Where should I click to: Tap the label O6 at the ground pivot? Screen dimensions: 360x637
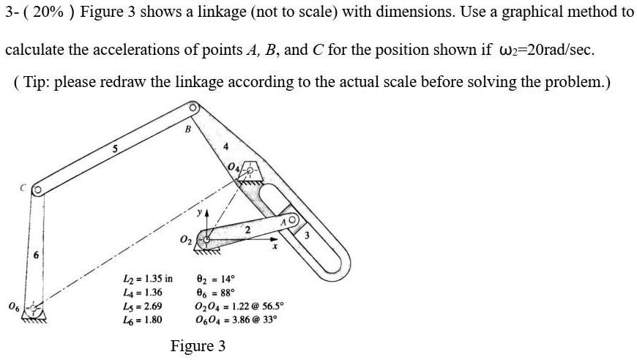pos(12,305)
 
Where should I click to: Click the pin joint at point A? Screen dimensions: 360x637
pos(293,219)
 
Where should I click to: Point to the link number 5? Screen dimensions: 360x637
pos(114,149)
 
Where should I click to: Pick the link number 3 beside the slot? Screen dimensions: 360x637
pos(307,236)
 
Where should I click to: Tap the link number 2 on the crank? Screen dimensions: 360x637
pos(247,230)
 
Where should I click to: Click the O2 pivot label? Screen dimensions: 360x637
pos(185,240)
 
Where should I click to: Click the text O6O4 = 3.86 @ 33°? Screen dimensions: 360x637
pos(236,320)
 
